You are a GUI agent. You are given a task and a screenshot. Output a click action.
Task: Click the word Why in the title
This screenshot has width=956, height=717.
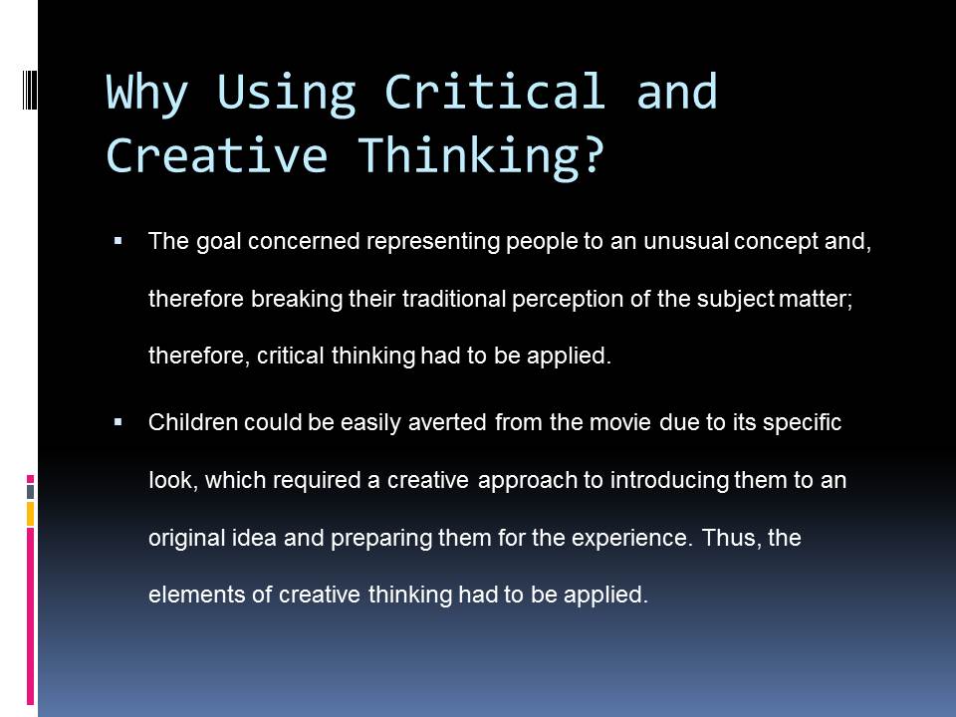(147, 93)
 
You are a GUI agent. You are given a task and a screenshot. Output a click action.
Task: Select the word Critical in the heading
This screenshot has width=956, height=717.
(495, 92)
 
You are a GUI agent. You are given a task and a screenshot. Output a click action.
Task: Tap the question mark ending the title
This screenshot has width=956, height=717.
(592, 153)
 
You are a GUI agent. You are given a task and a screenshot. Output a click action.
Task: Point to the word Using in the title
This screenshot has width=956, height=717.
(286, 94)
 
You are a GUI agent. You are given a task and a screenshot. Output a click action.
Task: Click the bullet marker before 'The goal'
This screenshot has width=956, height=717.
(119, 241)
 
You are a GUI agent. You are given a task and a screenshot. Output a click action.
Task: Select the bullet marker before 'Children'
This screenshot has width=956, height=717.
(119, 422)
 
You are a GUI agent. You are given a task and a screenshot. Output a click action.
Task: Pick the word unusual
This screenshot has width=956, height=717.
(686, 241)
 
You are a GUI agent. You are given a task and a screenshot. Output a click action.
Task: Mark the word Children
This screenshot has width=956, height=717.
(192, 422)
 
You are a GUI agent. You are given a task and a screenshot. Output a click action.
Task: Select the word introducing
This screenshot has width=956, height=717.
(669, 480)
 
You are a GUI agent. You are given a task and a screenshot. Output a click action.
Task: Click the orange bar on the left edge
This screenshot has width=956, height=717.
(30, 514)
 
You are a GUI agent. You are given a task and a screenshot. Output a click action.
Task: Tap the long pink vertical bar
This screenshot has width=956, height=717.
(30, 615)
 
